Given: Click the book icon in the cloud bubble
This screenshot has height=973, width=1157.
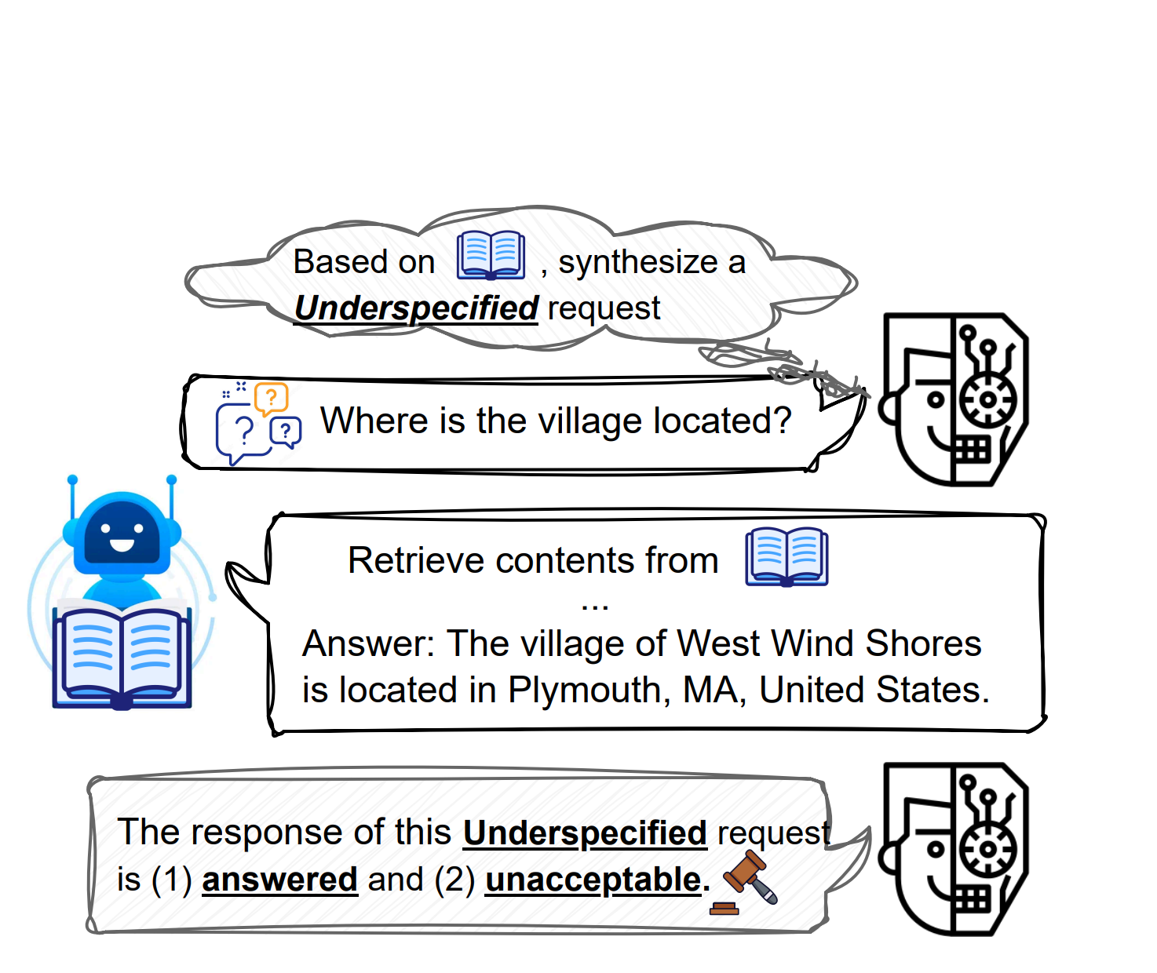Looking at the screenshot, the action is tap(491, 255).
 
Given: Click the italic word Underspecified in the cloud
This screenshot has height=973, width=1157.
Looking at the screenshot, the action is tap(416, 308).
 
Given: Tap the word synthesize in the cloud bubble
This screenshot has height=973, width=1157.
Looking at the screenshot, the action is tap(638, 262).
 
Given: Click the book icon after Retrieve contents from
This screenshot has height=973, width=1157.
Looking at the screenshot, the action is tap(787, 556).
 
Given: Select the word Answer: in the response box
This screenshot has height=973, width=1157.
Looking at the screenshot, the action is tap(368, 644).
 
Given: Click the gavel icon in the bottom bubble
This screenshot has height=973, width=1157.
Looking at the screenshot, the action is tap(744, 882).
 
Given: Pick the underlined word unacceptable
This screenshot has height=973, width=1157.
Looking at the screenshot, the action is tap(597, 880).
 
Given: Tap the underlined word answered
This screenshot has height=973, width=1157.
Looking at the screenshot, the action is tap(279, 880).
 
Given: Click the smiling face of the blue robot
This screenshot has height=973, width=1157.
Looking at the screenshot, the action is tap(122, 533).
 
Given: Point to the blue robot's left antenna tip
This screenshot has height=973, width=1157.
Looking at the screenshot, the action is tap(72, 480).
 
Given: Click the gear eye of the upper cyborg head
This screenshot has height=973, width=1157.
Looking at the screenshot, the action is tap(988, 399).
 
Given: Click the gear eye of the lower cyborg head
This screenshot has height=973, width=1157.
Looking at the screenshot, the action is tap(988, 849).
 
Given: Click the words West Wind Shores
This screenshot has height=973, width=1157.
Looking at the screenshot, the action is tap(829, 644).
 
